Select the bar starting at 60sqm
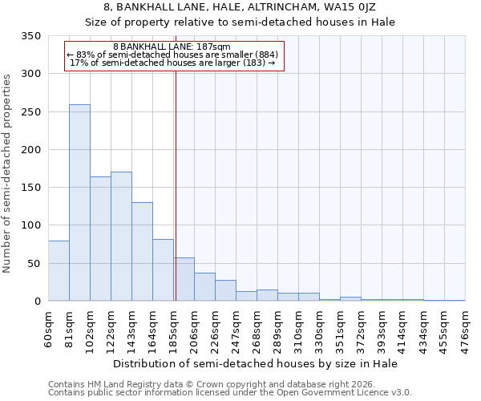coord(59,270)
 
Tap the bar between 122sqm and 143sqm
coord(121,236)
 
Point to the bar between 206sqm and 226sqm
coord(204,286)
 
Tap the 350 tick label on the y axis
coord(31,36)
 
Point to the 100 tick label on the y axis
coord(31,225)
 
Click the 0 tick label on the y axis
coord(37,302)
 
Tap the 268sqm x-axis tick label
coord(257,328)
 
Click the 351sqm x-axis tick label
coord(341,328)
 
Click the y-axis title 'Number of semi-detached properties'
coord(8,173)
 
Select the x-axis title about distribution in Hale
coord(255,363)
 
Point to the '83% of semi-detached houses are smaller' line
coord(172,55)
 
